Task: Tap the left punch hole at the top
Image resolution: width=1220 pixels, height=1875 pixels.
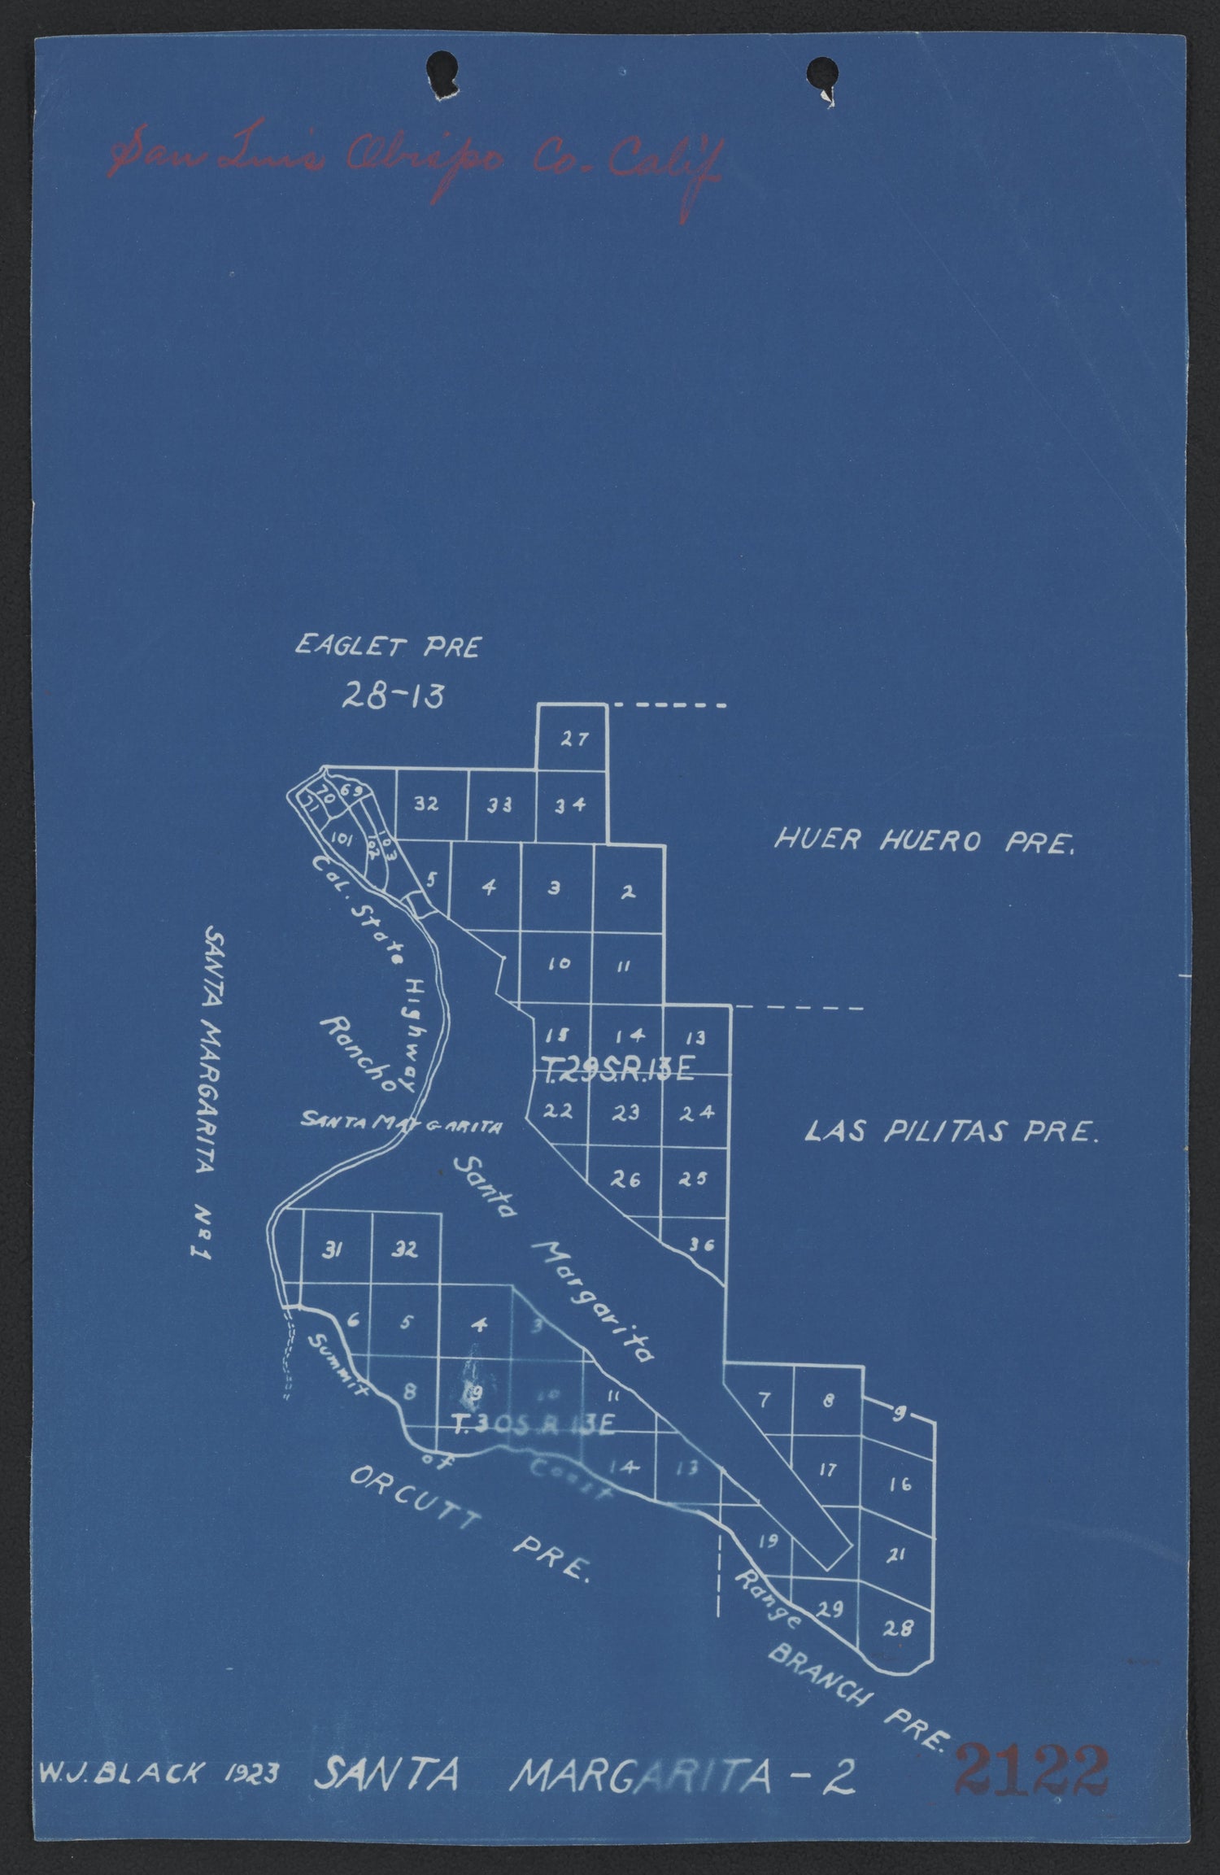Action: [x=445, y=71]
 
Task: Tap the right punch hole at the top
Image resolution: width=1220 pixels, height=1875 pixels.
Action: [x=821, y=75]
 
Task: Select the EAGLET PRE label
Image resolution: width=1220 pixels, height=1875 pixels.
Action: [x=388, y=647]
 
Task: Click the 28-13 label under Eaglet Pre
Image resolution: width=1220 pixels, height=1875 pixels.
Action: [x=393, y=695]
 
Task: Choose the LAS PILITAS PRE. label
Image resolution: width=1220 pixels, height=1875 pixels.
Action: [x=951, y=1132]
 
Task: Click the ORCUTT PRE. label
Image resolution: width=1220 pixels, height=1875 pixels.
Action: [x=470, y=1523]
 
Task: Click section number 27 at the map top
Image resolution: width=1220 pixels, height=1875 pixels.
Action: [x=573, y=739]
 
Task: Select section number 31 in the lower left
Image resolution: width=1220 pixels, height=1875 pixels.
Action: [x=330, y=1251]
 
